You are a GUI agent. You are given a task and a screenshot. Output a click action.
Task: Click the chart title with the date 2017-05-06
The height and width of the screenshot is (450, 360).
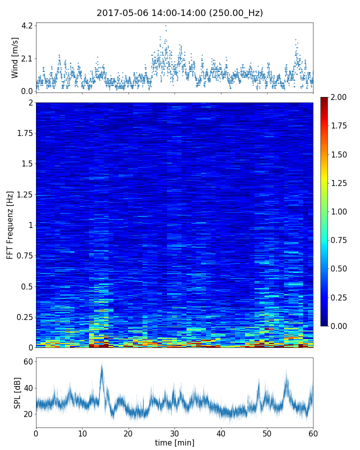click(179, 13)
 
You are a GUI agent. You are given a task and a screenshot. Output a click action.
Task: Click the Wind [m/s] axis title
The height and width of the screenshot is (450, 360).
click(15, 57)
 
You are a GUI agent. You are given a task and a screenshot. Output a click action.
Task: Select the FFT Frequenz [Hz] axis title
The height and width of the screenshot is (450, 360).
click(10, 224)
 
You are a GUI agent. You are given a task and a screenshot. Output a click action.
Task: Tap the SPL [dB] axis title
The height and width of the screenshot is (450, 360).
click(17, 392)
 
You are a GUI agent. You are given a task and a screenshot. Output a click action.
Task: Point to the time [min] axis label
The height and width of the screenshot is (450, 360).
click(174, 442)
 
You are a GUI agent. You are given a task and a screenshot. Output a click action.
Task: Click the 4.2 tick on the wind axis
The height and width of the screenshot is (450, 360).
click(26, 25)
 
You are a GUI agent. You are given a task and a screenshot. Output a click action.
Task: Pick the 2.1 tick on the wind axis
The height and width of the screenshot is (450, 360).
click(26, 58)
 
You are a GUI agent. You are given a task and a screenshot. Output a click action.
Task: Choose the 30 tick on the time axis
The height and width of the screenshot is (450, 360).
click(174, 432)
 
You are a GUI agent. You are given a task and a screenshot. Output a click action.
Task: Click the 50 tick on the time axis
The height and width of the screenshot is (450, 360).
click(267, 432)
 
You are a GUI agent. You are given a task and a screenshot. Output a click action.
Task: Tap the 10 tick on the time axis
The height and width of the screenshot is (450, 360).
click(82, 432)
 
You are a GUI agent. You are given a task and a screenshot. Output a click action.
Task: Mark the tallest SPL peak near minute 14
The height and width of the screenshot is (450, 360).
click(102, 365)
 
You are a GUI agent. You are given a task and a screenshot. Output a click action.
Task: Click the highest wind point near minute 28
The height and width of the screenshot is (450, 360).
click(165, 25)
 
